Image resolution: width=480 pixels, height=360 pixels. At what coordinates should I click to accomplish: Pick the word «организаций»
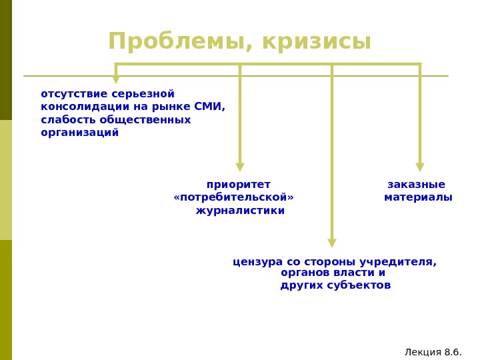(80, 133)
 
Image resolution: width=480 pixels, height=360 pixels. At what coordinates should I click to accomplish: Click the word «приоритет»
(239, 185)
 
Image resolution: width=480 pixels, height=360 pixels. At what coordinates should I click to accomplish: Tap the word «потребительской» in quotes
(233, 197)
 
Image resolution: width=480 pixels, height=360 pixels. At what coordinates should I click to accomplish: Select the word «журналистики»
(240, 211)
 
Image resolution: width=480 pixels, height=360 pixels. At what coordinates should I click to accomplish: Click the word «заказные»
(416, 185)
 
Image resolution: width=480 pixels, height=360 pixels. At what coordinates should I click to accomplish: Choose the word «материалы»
(418, 197)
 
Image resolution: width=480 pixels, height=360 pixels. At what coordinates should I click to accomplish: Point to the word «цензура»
(257, 262)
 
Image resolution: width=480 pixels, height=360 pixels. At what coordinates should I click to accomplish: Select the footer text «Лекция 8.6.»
(433, 352)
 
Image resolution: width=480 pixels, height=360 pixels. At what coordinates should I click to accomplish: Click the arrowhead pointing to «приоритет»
(240, 167)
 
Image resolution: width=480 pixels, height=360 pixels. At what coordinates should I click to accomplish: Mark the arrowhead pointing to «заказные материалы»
(420, 167)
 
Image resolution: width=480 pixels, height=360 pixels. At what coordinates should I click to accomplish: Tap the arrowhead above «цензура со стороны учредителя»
(332, 243)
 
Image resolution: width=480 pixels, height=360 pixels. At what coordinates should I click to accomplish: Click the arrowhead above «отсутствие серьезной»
(116, 79)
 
